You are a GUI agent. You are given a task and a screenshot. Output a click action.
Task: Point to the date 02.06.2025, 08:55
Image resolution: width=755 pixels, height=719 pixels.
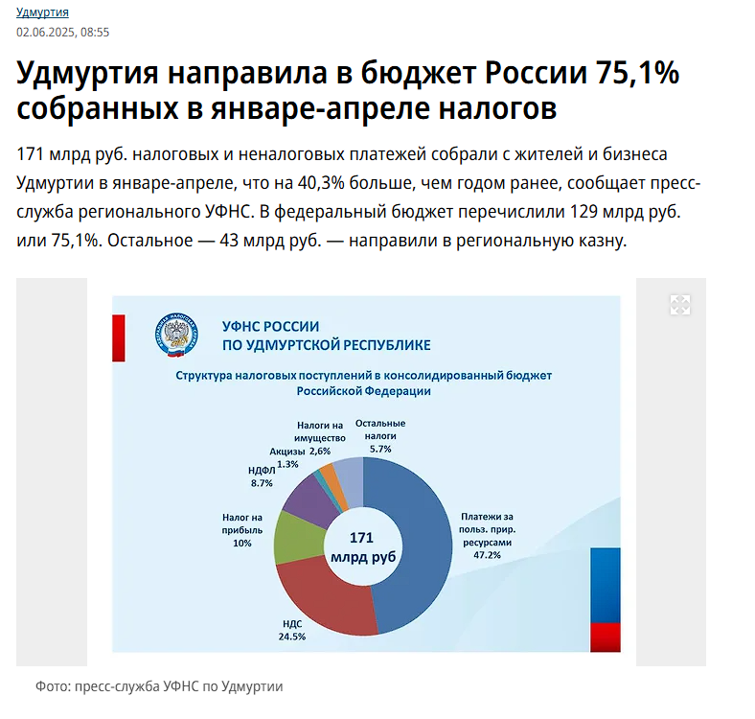pos(62,32)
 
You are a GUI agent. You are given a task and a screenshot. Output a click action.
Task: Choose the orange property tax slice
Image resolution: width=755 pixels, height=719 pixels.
pos(329,475)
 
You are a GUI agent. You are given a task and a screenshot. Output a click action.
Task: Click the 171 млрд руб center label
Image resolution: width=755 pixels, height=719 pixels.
pos(361,546)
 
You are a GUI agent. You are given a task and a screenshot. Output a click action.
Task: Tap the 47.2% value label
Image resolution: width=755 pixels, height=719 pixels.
pos(487,554)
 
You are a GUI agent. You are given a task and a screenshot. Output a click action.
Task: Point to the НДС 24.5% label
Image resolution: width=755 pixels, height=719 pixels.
pos(291,629)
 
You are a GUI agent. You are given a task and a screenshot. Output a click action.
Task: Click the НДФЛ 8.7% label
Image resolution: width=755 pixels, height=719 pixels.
pos(261,477)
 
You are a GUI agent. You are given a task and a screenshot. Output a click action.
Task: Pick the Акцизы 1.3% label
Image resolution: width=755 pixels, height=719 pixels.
pos(286,457)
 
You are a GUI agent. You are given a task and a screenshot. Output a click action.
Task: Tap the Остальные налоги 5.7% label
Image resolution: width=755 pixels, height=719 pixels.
pos(379,435)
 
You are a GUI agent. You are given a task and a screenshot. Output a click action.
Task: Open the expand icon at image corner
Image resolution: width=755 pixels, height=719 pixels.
pos(679,305)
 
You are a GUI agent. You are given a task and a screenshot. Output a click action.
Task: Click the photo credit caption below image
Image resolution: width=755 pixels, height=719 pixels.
pos(159,686)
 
